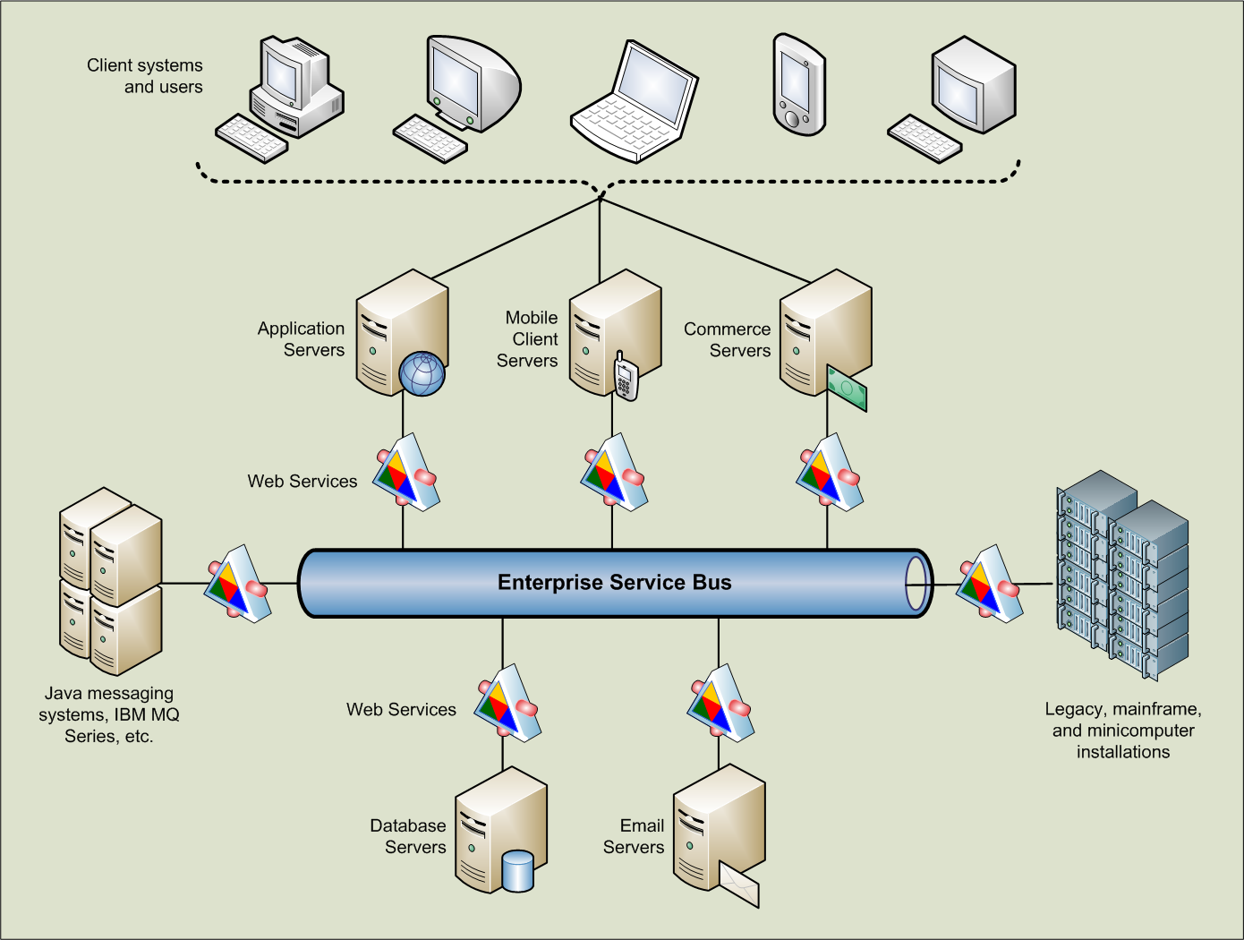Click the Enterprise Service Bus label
(614, 583)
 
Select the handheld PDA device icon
(798, 85)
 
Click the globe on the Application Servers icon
(422, 374)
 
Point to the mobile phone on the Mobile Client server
(626, 377)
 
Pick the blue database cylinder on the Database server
(517, 871)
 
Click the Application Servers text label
(301, 339)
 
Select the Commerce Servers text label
(727, 340)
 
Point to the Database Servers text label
(408, 836)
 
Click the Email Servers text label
(634, 836)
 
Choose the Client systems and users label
(145, 76)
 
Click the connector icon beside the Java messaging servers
(237, 585)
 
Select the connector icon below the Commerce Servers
(829, 472)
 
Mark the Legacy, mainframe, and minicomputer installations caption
(1123, 731)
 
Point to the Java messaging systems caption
(109, 714)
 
